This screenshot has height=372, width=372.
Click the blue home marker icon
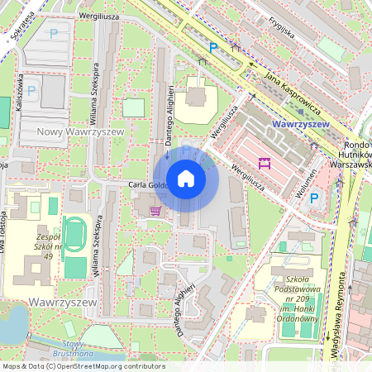(x=186, y=179)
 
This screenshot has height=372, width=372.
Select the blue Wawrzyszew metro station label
(x=299, y=124)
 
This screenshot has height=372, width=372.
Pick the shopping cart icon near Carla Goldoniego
(x=155, y=210)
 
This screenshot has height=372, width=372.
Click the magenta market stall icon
(x=265, y=163)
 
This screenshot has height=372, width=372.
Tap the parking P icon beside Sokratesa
(x=54, y=34)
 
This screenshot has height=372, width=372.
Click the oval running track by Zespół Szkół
(x=74, y=236)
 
